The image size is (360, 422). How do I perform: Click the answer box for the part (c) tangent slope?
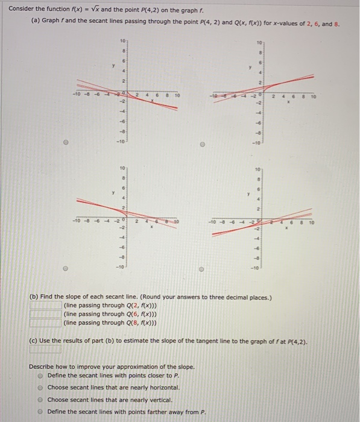click(x=46, y=348)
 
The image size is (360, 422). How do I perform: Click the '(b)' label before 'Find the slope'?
click(x=36, y=296)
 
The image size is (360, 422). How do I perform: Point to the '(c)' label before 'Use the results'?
click(x=35, y=339)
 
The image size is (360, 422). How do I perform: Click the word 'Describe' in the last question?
click(x=42, y=367)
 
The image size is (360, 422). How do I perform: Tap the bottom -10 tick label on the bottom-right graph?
click(x=257, y=266)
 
